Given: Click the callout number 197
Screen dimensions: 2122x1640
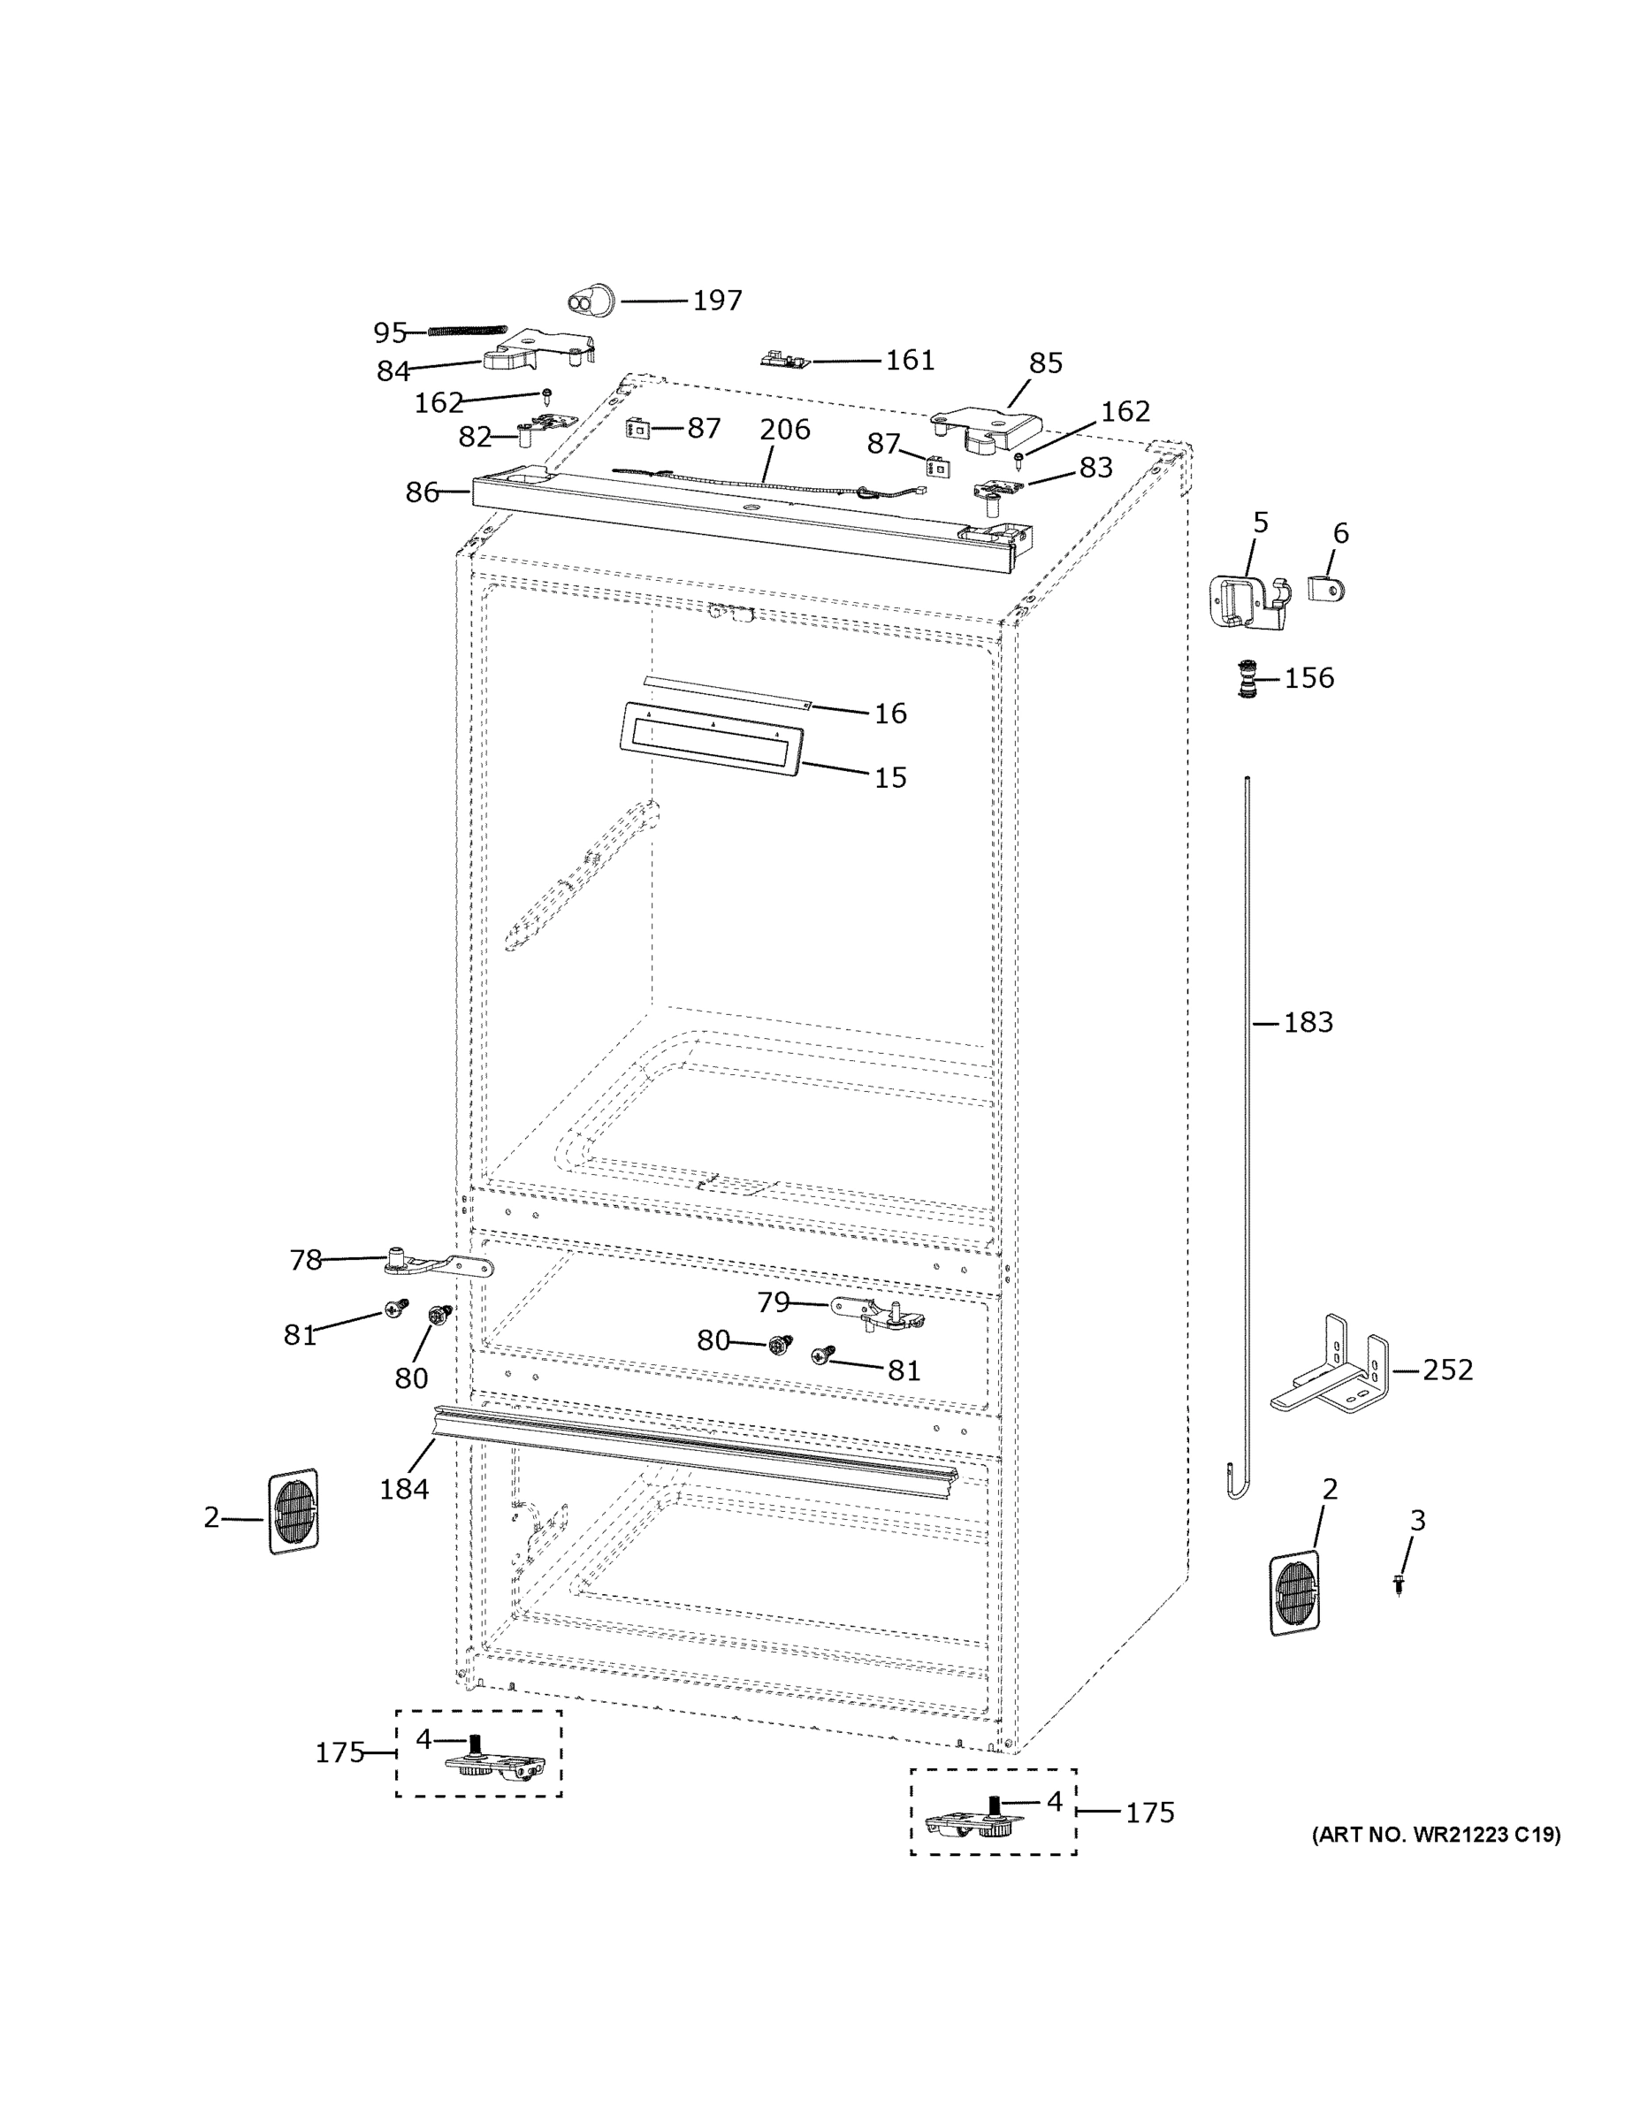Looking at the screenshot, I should click(717, 301).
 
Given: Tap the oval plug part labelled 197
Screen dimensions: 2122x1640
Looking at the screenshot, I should click(591, 302).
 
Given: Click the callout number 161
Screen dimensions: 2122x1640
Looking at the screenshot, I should click(910, 361).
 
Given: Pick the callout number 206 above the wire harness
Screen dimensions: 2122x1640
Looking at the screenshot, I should click(784, 429).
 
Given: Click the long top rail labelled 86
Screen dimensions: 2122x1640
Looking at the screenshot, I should click(738, 520).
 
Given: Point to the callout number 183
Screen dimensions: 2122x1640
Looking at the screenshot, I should click(1308, 1022).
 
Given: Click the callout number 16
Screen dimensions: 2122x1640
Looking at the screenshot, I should click(890, 714).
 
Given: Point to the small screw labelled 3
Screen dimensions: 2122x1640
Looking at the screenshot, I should click(1398, 1584).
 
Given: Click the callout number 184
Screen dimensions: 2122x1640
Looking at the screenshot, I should click(403, 1489).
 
